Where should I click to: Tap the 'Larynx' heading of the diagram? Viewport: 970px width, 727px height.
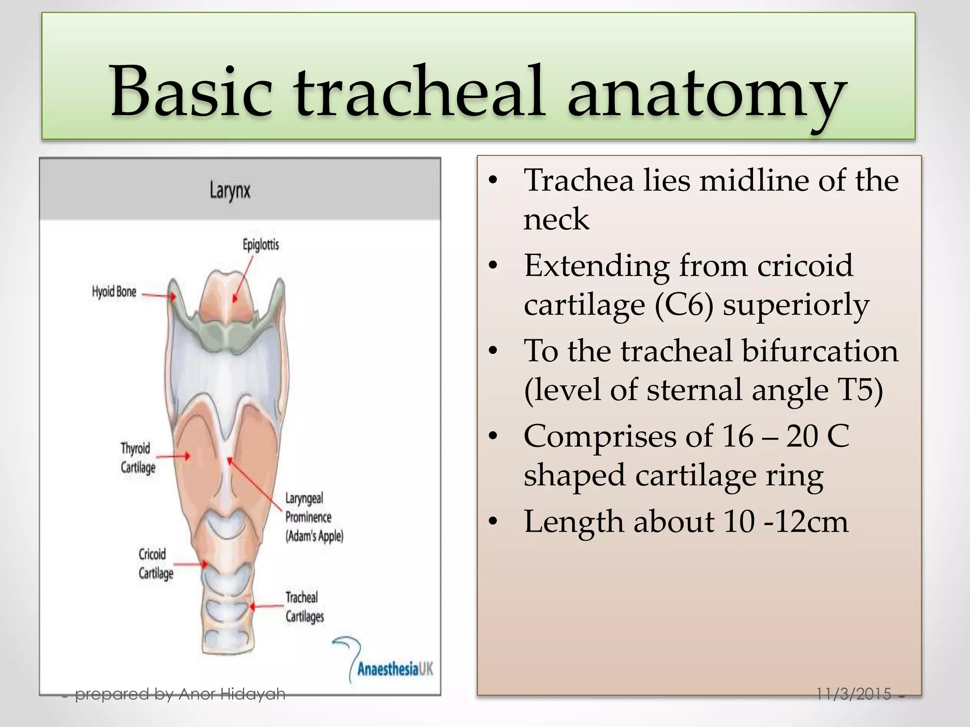pos(230,191)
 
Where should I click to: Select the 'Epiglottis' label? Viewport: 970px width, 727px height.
pos(260,245)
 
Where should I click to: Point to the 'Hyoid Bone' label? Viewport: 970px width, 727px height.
pos(114,292)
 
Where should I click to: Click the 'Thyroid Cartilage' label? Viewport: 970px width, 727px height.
pos(137,458)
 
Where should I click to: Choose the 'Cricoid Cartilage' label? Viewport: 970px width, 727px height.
pos(155,564)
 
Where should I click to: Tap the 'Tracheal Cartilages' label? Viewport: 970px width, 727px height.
pos(304,607)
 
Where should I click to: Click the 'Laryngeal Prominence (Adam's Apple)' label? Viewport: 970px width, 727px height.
pos(314,517)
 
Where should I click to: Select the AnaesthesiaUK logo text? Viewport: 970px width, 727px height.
pos(395,669)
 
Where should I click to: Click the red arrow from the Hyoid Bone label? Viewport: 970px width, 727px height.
pos(159,296)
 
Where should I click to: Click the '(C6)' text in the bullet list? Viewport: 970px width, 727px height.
pos(684,305)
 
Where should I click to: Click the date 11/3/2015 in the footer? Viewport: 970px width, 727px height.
pos(853,694)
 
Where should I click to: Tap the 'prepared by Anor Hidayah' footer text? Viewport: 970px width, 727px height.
pos(180,694)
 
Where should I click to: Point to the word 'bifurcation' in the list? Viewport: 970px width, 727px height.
pos(819,351)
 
